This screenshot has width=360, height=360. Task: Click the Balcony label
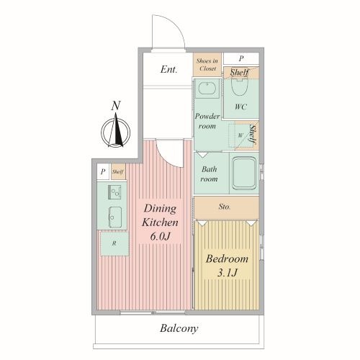179,328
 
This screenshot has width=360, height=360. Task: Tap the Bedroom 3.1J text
227,266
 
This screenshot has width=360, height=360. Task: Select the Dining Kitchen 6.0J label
160,222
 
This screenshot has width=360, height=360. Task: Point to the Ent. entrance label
168,69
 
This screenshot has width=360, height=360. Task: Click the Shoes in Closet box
207,65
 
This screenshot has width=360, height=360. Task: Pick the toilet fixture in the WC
239,86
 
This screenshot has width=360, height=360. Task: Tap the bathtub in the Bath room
244,173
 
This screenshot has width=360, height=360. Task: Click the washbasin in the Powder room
207,89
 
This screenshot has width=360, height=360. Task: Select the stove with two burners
114,192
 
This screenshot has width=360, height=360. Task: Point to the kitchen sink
115,217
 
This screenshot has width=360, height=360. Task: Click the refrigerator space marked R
114,243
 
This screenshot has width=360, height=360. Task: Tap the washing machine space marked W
240,135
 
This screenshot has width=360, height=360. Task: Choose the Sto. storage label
225,207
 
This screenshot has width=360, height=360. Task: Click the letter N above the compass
116,106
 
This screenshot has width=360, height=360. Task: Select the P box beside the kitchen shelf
103,171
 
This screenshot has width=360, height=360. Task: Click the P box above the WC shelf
241,58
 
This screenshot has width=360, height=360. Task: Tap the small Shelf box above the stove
118,171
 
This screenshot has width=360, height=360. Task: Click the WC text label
240,107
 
